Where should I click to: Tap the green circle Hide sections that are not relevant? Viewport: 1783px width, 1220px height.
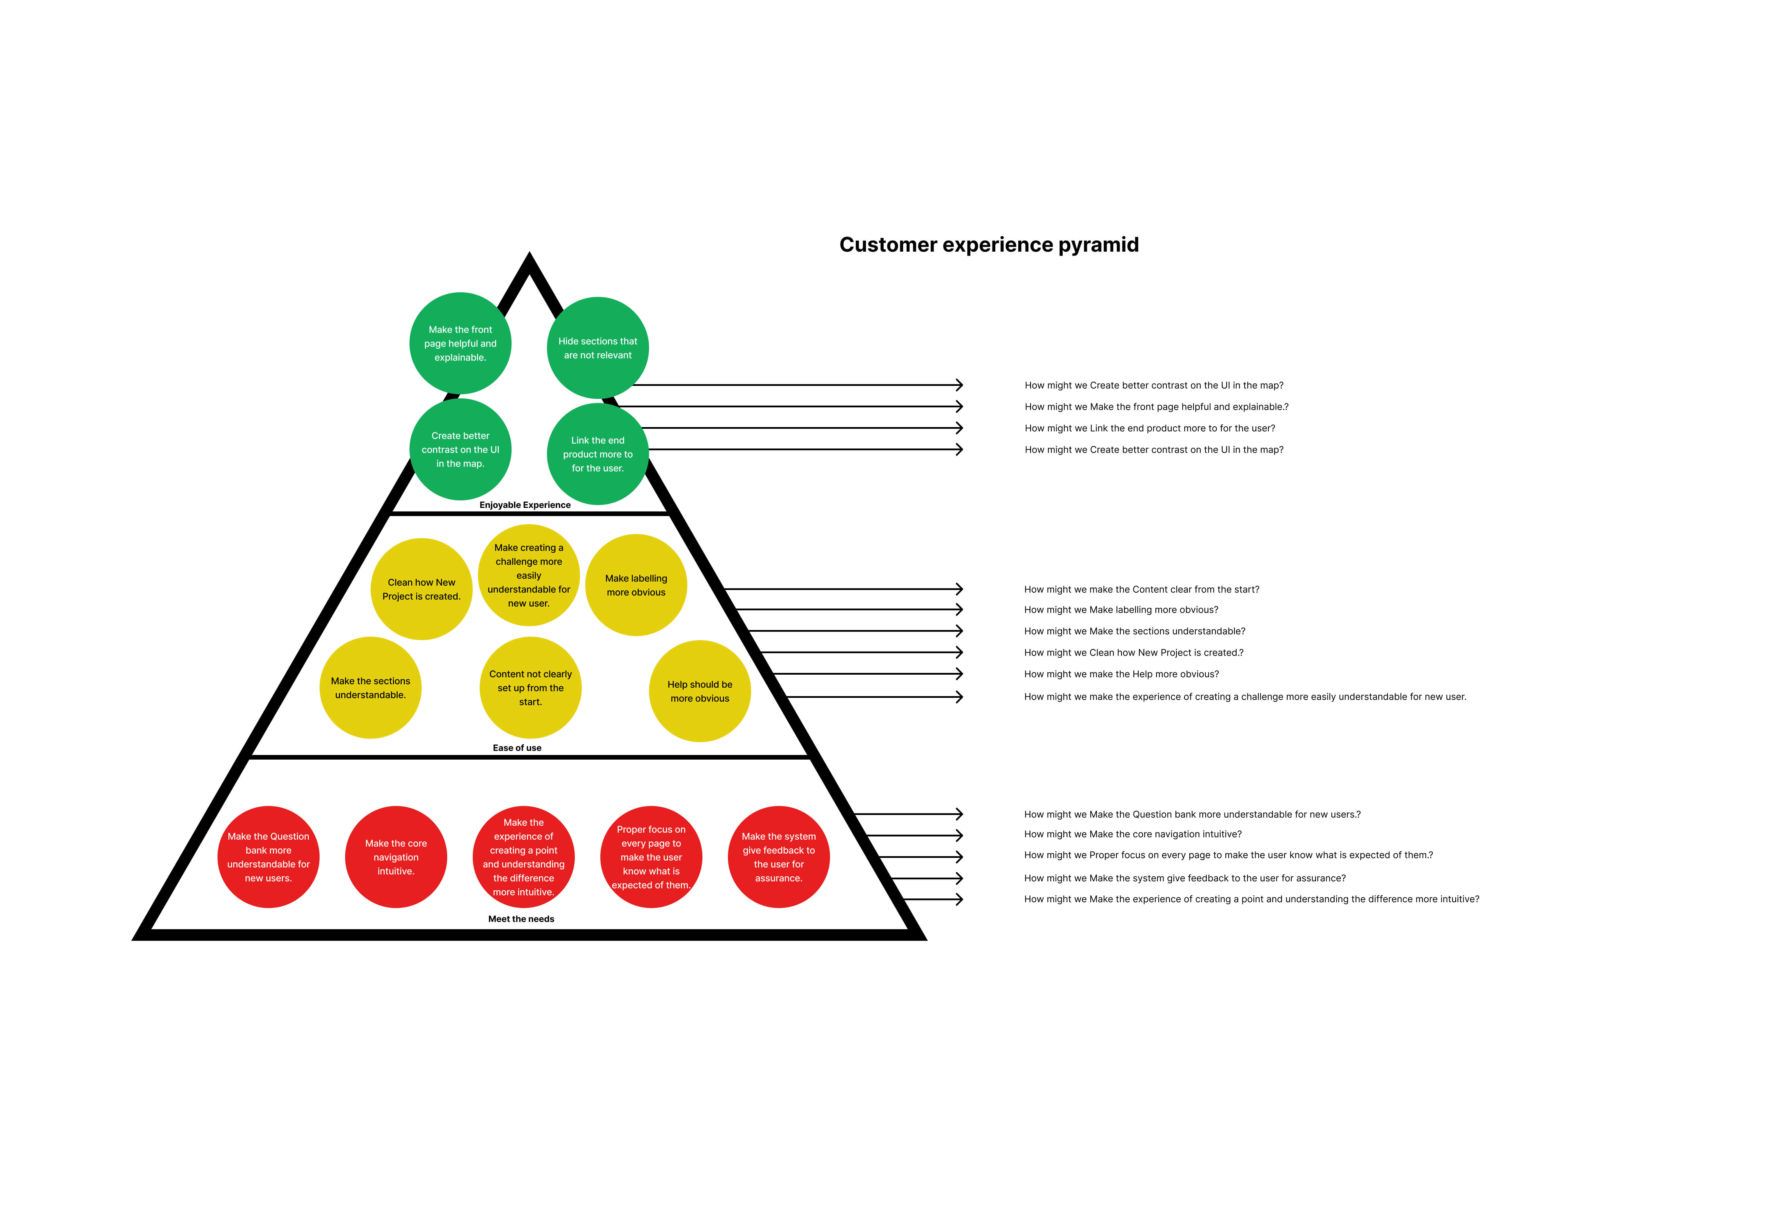[x=598, y=348]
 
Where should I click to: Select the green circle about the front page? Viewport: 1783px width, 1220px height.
[x=460, y=344]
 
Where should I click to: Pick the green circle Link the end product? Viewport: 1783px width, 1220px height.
[x=598, y=454]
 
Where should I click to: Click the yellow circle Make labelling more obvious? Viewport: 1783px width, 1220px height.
[x=636, y=585]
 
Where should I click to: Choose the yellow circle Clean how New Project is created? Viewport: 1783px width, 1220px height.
[x=421, y=589]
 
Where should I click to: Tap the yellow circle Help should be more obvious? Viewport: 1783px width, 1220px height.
[x=700, y=691]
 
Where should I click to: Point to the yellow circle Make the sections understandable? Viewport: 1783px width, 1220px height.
[x=371, y=688]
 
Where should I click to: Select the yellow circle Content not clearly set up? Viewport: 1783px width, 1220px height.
[x=530, y=688]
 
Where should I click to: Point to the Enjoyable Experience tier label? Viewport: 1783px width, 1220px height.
[x=525, y=504]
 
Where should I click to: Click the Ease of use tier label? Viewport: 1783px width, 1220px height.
[x=517, y=748]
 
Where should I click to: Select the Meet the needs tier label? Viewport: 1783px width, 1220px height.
[x=521, y=919]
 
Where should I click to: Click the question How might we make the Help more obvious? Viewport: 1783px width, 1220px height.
[x=1121, y=674]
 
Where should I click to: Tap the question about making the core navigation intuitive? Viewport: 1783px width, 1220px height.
[x=1133, y=834]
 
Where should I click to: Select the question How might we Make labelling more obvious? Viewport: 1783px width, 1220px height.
[x=1121, y=610]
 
